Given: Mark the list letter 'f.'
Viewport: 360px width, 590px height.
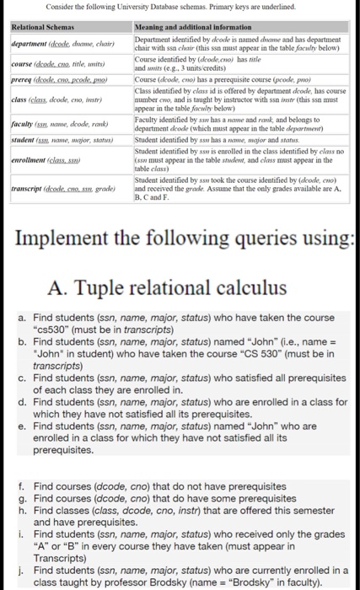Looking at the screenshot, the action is coord(21,487).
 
